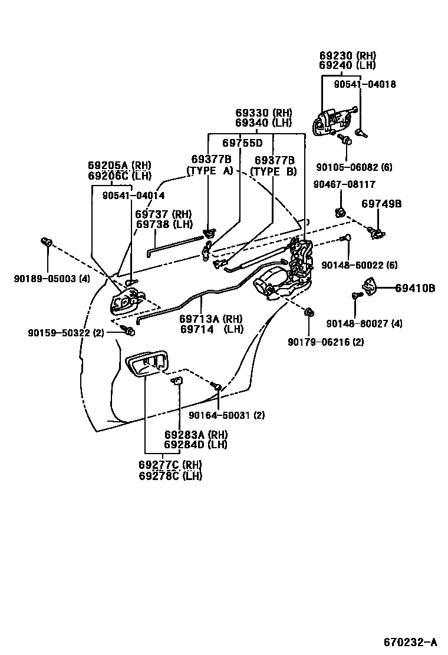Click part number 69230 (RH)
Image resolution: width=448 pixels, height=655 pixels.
pyautogui.click(x=347, y=55)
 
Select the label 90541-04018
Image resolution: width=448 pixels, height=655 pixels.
pyautogui.click(x=364, y=84)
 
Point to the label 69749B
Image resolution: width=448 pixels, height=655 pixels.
pyautogui.click(x=381, y=204)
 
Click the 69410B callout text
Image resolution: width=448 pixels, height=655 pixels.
pyautogui.click(x=415, y=288)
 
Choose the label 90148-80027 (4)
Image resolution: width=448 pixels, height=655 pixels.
pyautogui.click(x=364, y=323)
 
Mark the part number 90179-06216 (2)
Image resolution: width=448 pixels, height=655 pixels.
pyautogui.click(x=325, y=342)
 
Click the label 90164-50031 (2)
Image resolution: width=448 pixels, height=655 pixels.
pyautogui.click(x=226, y=415)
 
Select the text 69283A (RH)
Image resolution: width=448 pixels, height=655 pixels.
pyautogui.click(x=196, y=435)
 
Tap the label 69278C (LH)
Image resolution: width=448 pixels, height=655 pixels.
pyautogui.click(x=170, y=475)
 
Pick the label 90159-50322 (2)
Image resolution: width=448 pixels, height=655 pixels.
pyautogui.click(x=65, y=333)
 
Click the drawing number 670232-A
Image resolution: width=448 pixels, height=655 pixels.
pyautogui.click(x=410, y=641)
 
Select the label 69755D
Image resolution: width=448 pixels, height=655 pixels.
pyautogui.click(x=242, y=143)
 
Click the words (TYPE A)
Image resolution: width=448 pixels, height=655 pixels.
pyautogui.click(x=210, y=171)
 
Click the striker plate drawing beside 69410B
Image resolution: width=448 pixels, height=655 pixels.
pyautogui.click(x=369, y=287)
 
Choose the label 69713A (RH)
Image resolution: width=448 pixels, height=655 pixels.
pyautogui.click(x=212, y=319)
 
